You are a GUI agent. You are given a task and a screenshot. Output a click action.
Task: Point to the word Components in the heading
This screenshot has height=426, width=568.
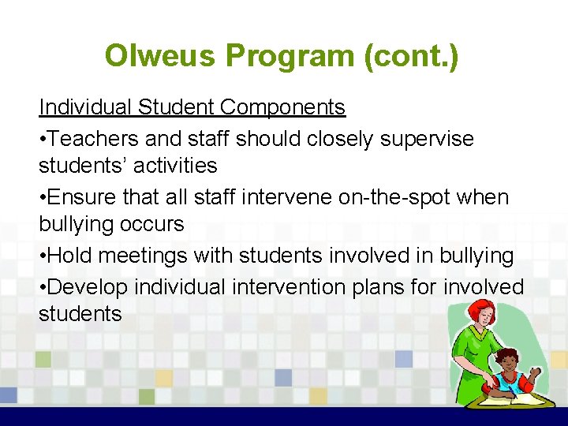[x=283, y=106]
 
